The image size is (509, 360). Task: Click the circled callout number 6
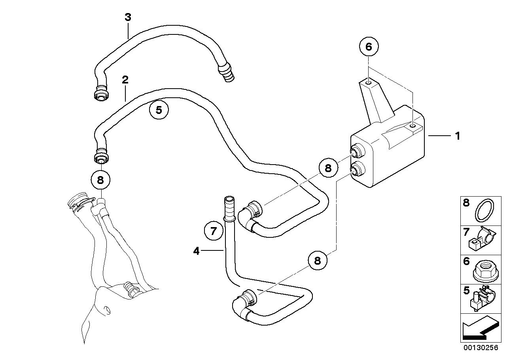click(369, 47)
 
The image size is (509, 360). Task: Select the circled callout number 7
click(214, 231)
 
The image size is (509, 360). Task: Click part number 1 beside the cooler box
click(457, 136)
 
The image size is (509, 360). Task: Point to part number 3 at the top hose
click(128, 17)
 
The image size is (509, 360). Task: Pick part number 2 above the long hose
click(125, 80)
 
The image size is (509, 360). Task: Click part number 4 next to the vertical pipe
click(197, 250)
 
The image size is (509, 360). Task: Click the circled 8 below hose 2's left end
click(100, 180)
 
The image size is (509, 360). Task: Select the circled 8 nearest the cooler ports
click(328, 168)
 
